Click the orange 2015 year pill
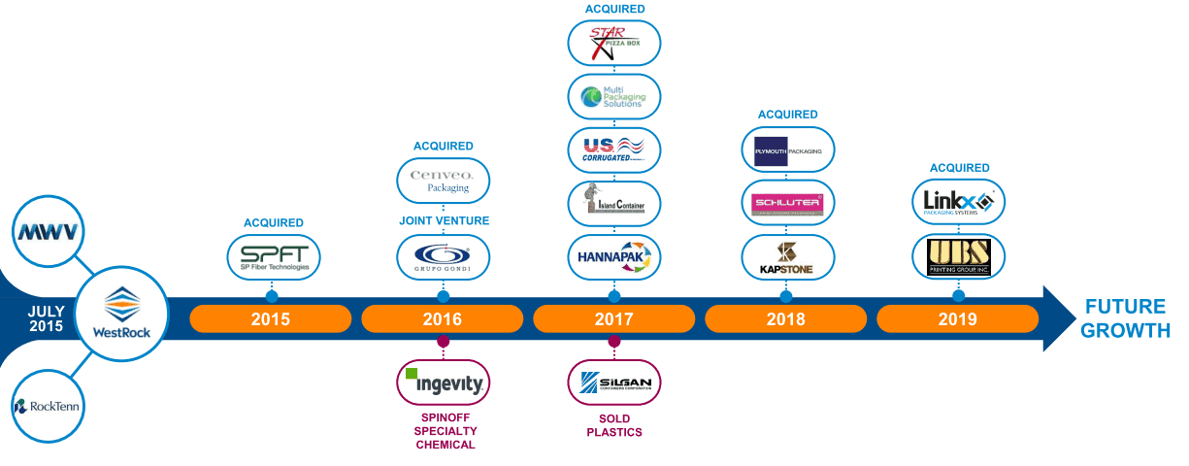coord(270,318)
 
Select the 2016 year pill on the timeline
coord(443,318)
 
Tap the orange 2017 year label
coord(614,318)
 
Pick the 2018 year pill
coord(786,318)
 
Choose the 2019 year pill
coord(958,318)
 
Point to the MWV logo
coord(48,232)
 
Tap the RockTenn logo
coord(48,406)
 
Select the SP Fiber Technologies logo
coord(272,257)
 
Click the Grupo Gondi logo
coord(444,257)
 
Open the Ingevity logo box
coord(444,383)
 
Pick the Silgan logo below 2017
coord(614,383)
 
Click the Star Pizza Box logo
coord(614,44)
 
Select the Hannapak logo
coord(614,257)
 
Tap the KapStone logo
coord(787,257)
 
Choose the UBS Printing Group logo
coord(958,257)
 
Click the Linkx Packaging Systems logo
coord(958,203)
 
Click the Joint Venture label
coord(444,221)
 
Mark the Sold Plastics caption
coord(614,425)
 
